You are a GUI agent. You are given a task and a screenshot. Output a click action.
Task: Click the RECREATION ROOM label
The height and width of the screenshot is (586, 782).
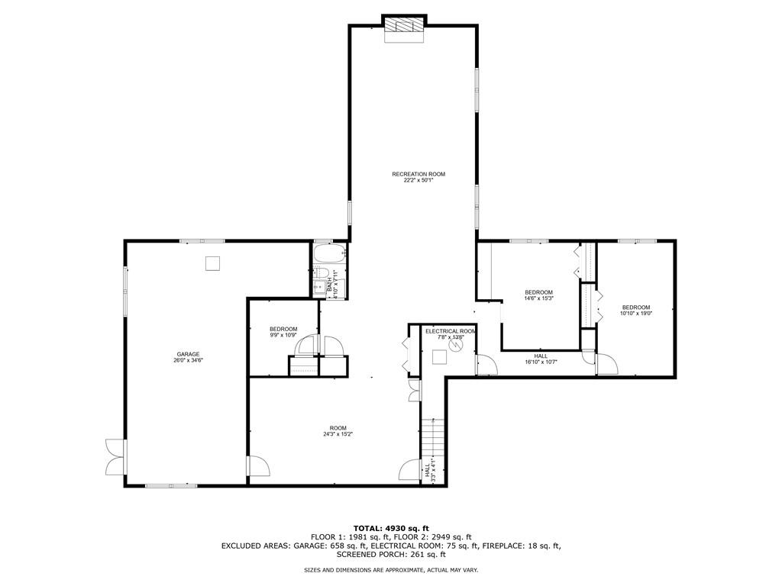pos(418,177)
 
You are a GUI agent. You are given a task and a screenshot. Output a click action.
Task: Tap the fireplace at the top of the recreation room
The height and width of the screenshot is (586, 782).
pos(402,24)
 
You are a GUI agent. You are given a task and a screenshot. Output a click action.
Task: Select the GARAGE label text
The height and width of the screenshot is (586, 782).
pos(188,356)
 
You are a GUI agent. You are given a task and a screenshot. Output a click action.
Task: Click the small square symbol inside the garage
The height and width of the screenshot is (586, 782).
pos(213,263)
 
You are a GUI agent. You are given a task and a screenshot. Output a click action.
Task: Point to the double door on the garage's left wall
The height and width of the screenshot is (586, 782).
pos(115,457)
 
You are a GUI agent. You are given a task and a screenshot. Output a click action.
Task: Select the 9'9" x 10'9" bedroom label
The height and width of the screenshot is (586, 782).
pos(283,332)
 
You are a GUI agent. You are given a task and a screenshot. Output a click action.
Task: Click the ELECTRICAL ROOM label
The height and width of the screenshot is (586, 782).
pos(451,333)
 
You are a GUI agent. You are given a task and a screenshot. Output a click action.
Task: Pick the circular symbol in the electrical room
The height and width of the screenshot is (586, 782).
pos(456,345)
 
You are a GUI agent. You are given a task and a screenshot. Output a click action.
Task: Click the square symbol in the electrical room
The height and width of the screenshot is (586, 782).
pos(439,358)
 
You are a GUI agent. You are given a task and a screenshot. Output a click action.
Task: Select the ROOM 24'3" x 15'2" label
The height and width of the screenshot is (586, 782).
pos(338,430)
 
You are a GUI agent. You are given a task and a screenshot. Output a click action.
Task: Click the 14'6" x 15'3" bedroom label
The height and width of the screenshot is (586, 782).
pos(538,295)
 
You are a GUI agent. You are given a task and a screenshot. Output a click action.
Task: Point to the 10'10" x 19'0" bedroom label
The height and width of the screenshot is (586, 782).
pos(635,310)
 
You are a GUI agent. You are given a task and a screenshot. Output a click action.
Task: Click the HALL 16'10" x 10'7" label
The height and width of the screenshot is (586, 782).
pos(541,359)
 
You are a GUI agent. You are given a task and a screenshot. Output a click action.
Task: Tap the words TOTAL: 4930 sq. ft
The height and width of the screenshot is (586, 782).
pos(391,528)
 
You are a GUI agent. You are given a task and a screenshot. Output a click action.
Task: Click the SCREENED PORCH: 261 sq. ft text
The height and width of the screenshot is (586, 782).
pos(391,555)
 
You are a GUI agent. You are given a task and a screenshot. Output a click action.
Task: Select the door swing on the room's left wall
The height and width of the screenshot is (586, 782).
pos(258,467)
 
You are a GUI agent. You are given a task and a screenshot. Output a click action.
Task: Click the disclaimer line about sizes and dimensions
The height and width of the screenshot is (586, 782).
pos(391,570)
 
